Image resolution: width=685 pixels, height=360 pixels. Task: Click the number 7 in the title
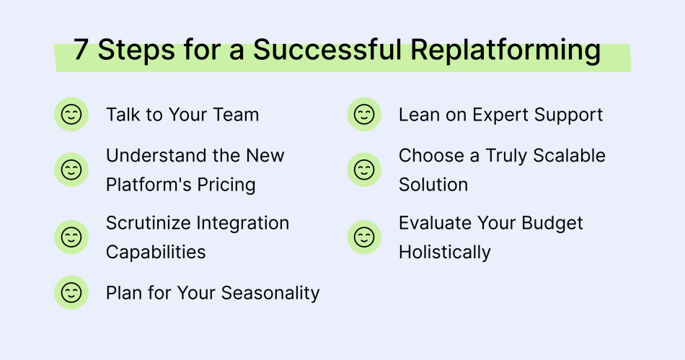pos(81,51)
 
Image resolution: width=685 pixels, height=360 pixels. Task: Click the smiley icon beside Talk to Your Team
pos(71,115)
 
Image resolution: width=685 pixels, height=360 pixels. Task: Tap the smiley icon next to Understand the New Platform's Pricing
pos(71,170)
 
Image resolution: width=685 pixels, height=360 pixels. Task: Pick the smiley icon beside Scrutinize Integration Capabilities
pos(71,237)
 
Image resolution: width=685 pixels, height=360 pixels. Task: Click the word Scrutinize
pos(148,224)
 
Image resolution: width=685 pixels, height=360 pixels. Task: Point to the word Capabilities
pos(156,253)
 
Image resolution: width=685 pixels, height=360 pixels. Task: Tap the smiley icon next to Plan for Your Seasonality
pos(71,293)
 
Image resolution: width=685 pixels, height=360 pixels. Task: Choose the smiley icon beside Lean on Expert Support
pos(364,115)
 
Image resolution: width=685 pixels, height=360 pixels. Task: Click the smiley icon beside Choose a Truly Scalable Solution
pos(364,170)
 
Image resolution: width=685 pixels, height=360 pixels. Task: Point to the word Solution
pos(433,185)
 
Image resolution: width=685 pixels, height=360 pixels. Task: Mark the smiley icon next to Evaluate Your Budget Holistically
pos(364,237)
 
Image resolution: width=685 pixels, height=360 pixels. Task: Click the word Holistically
pos(445,253)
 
